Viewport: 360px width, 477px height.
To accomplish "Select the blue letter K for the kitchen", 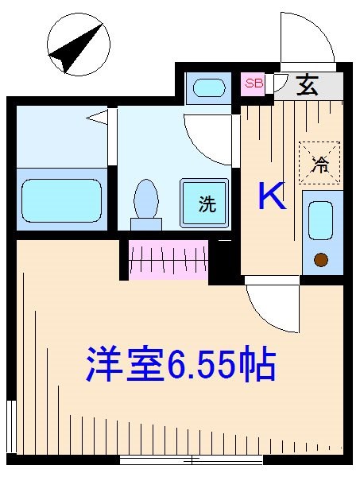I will [x=273, y=196].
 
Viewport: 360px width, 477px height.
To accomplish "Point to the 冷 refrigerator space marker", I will [x=320, y=162].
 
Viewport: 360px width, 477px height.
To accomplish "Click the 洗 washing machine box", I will [x=206, y=202].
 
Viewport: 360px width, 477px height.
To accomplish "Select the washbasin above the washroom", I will [x=208, y=87].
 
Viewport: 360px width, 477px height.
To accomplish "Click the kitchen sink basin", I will [x=320, y=220].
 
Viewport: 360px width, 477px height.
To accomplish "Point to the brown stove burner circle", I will [x=321, y=259].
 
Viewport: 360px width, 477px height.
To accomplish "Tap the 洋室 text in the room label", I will [x=125, y=365].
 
